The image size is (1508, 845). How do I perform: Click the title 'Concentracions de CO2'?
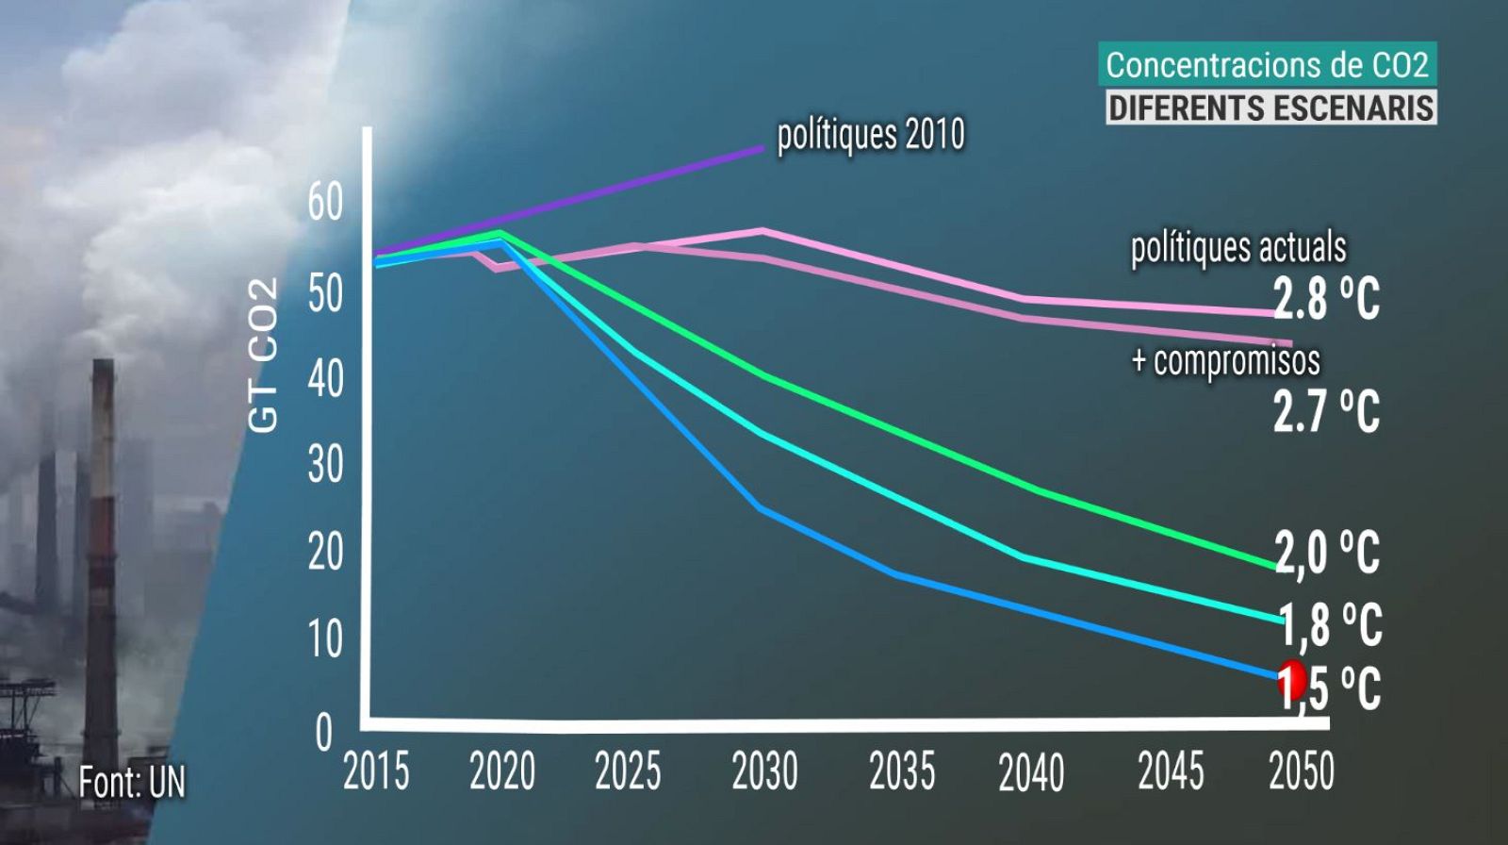click(x=1268, y=65)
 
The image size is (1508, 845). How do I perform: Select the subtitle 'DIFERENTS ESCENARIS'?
click(x=1270, y=108)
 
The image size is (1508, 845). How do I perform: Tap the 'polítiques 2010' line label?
click(x=870, y=136)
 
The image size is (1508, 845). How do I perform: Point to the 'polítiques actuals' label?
click(x=1238, y=248)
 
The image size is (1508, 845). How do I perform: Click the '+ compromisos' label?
click(x=1225, y=360)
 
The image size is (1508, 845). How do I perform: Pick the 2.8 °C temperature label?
click(x=1326, y=300)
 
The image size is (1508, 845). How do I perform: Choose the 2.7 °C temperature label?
click(x=1326, y=412)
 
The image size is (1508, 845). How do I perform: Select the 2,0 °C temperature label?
click(x=1327, y=553)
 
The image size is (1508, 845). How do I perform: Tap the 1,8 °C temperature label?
click(x=1330, y=626)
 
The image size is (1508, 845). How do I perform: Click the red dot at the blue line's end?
click(x=1290, y=681)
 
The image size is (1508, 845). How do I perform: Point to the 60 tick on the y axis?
click(x=325, y=203)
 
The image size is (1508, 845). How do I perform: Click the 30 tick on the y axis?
click(x=325, y=465)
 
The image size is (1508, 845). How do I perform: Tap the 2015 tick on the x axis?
click(x=376, y=771)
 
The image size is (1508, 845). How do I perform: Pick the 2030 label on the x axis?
click(x=764, y=771)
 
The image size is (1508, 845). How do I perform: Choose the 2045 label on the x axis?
click(x=1171, y=771)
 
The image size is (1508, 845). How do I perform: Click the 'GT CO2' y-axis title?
click(x=265, y=356)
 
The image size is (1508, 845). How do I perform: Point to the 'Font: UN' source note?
click(x=132, y=782)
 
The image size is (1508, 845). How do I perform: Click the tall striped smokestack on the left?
click(x=99, y=528)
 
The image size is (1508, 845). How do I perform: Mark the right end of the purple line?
click(x=762, y=148)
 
